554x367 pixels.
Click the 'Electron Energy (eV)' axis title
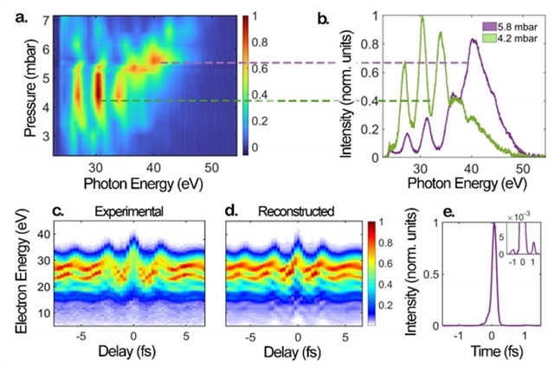click(10, 274)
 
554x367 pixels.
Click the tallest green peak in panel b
click(423, 18)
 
